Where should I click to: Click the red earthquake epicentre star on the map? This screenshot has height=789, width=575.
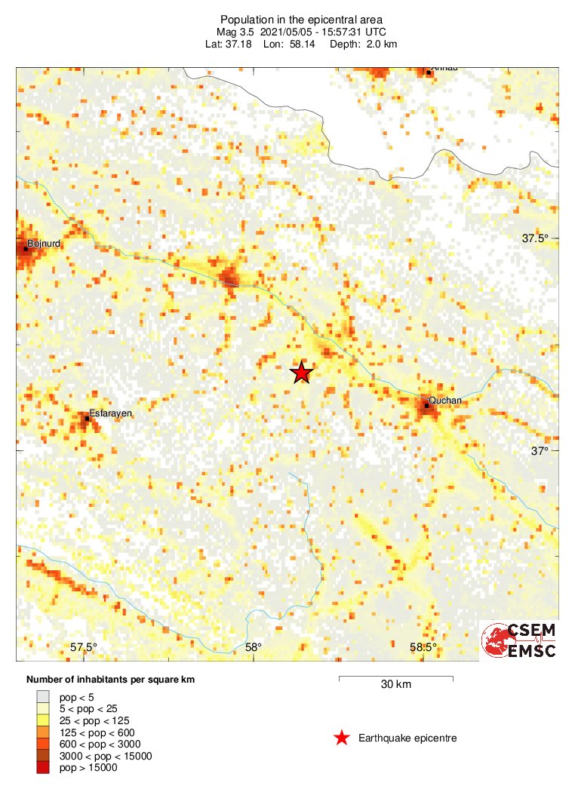pyautogui.click(x=302, y=373)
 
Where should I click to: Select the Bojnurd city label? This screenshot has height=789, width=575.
pyautogui.click(x=43, y=244)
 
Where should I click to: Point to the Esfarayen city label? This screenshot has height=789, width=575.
pyautogui.click(x=111, y=413)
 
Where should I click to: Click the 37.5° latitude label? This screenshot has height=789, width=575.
pyautogui.click(x=536, y=238)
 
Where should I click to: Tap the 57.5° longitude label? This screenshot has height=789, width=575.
pyautogui.click(x=84, y=647)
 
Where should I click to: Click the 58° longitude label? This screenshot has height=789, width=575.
pyautogui.click(x=253, y=647)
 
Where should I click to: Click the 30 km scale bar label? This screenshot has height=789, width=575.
pyautogui.click(x=395, y=685)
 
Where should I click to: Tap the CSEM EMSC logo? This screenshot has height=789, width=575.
pyautogui.click(x=520, y=640)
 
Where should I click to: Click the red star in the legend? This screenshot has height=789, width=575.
pyautogui.click(x=342, y=738)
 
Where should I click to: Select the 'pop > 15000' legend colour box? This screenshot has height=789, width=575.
pyautogui.click(x=43, y=768)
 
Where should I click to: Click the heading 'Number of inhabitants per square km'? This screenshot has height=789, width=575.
pyautogui.click(x=110, y=680)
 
